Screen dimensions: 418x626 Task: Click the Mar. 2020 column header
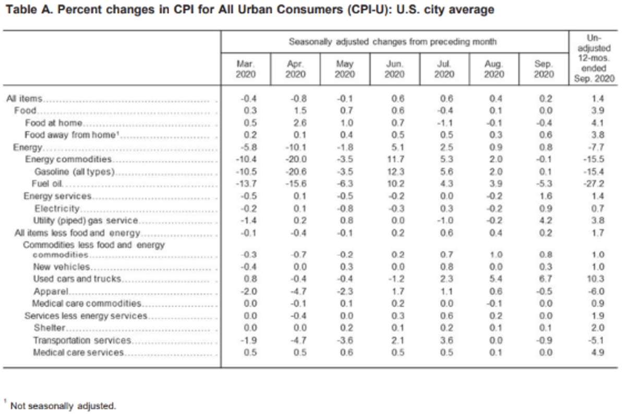tap(246, 69)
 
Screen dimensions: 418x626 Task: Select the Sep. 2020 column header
tap(544, 69)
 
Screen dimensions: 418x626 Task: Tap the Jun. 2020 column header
tap(394, 69)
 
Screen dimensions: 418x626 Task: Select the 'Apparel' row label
tap(48, 291)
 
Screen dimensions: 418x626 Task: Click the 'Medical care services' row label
tap(78, 352)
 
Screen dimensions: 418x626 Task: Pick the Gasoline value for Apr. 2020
tap(295, 172)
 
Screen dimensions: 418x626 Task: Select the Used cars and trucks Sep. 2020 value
tap(544, 278)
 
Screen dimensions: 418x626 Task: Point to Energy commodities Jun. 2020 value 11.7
tap(394, 159)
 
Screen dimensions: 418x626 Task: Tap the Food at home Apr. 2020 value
tap(295, 123)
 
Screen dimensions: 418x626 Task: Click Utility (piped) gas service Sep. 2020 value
tap(544, 220)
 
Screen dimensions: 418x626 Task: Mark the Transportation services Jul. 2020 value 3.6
tap(444, 340)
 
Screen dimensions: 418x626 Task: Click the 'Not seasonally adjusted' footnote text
tap(63, 405)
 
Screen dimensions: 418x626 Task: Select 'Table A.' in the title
tap(26, 10)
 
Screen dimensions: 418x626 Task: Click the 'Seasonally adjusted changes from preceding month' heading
tap(393, 41)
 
